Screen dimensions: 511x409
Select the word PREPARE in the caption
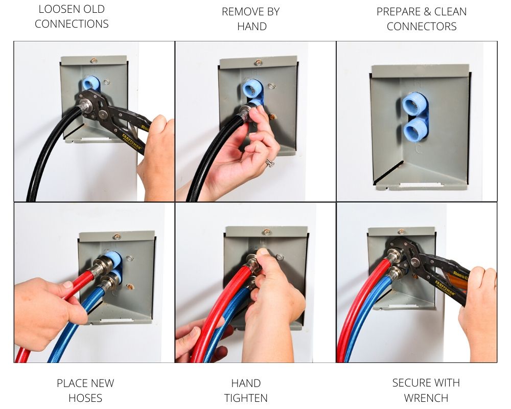pos(396,12)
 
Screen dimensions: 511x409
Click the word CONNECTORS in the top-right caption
pos(422,27)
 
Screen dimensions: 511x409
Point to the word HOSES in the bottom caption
pos(85,398)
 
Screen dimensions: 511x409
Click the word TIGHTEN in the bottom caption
pos(246,398)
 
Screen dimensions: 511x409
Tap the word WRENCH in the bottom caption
pos(426,398)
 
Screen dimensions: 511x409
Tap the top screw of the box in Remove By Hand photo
pos(259,62)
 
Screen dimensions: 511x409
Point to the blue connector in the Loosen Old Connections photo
pos(91,83)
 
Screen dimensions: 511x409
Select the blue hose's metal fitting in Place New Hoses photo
pos(109,282)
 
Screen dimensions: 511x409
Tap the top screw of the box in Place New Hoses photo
pos(117,236)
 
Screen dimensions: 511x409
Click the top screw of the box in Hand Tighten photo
pos(267,232)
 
